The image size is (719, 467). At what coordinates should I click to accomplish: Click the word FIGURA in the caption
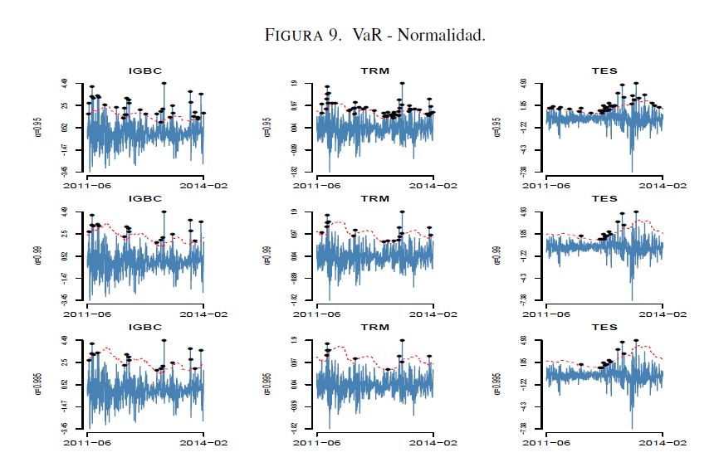click(x=293, y=36)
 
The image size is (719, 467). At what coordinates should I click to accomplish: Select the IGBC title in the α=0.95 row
click(x=145, y=71)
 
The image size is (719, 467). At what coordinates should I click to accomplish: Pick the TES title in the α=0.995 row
click(x=605, y=328)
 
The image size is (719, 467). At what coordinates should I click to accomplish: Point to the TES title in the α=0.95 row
click(x=605, y=71)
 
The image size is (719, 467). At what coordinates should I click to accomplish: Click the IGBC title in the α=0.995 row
click(x=145, y=328)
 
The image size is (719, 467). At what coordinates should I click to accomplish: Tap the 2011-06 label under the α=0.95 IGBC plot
click(x=88, y=185)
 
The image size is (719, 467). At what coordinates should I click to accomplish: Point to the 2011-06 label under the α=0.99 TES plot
click(x=547, y=314)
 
